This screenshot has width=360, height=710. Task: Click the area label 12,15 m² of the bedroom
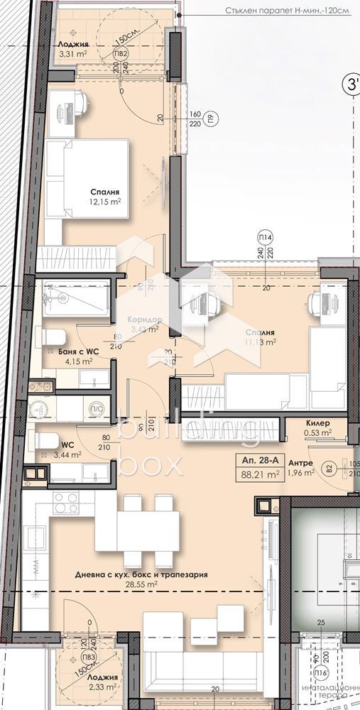pos(105,202)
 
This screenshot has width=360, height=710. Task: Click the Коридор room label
pos(144,319)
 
